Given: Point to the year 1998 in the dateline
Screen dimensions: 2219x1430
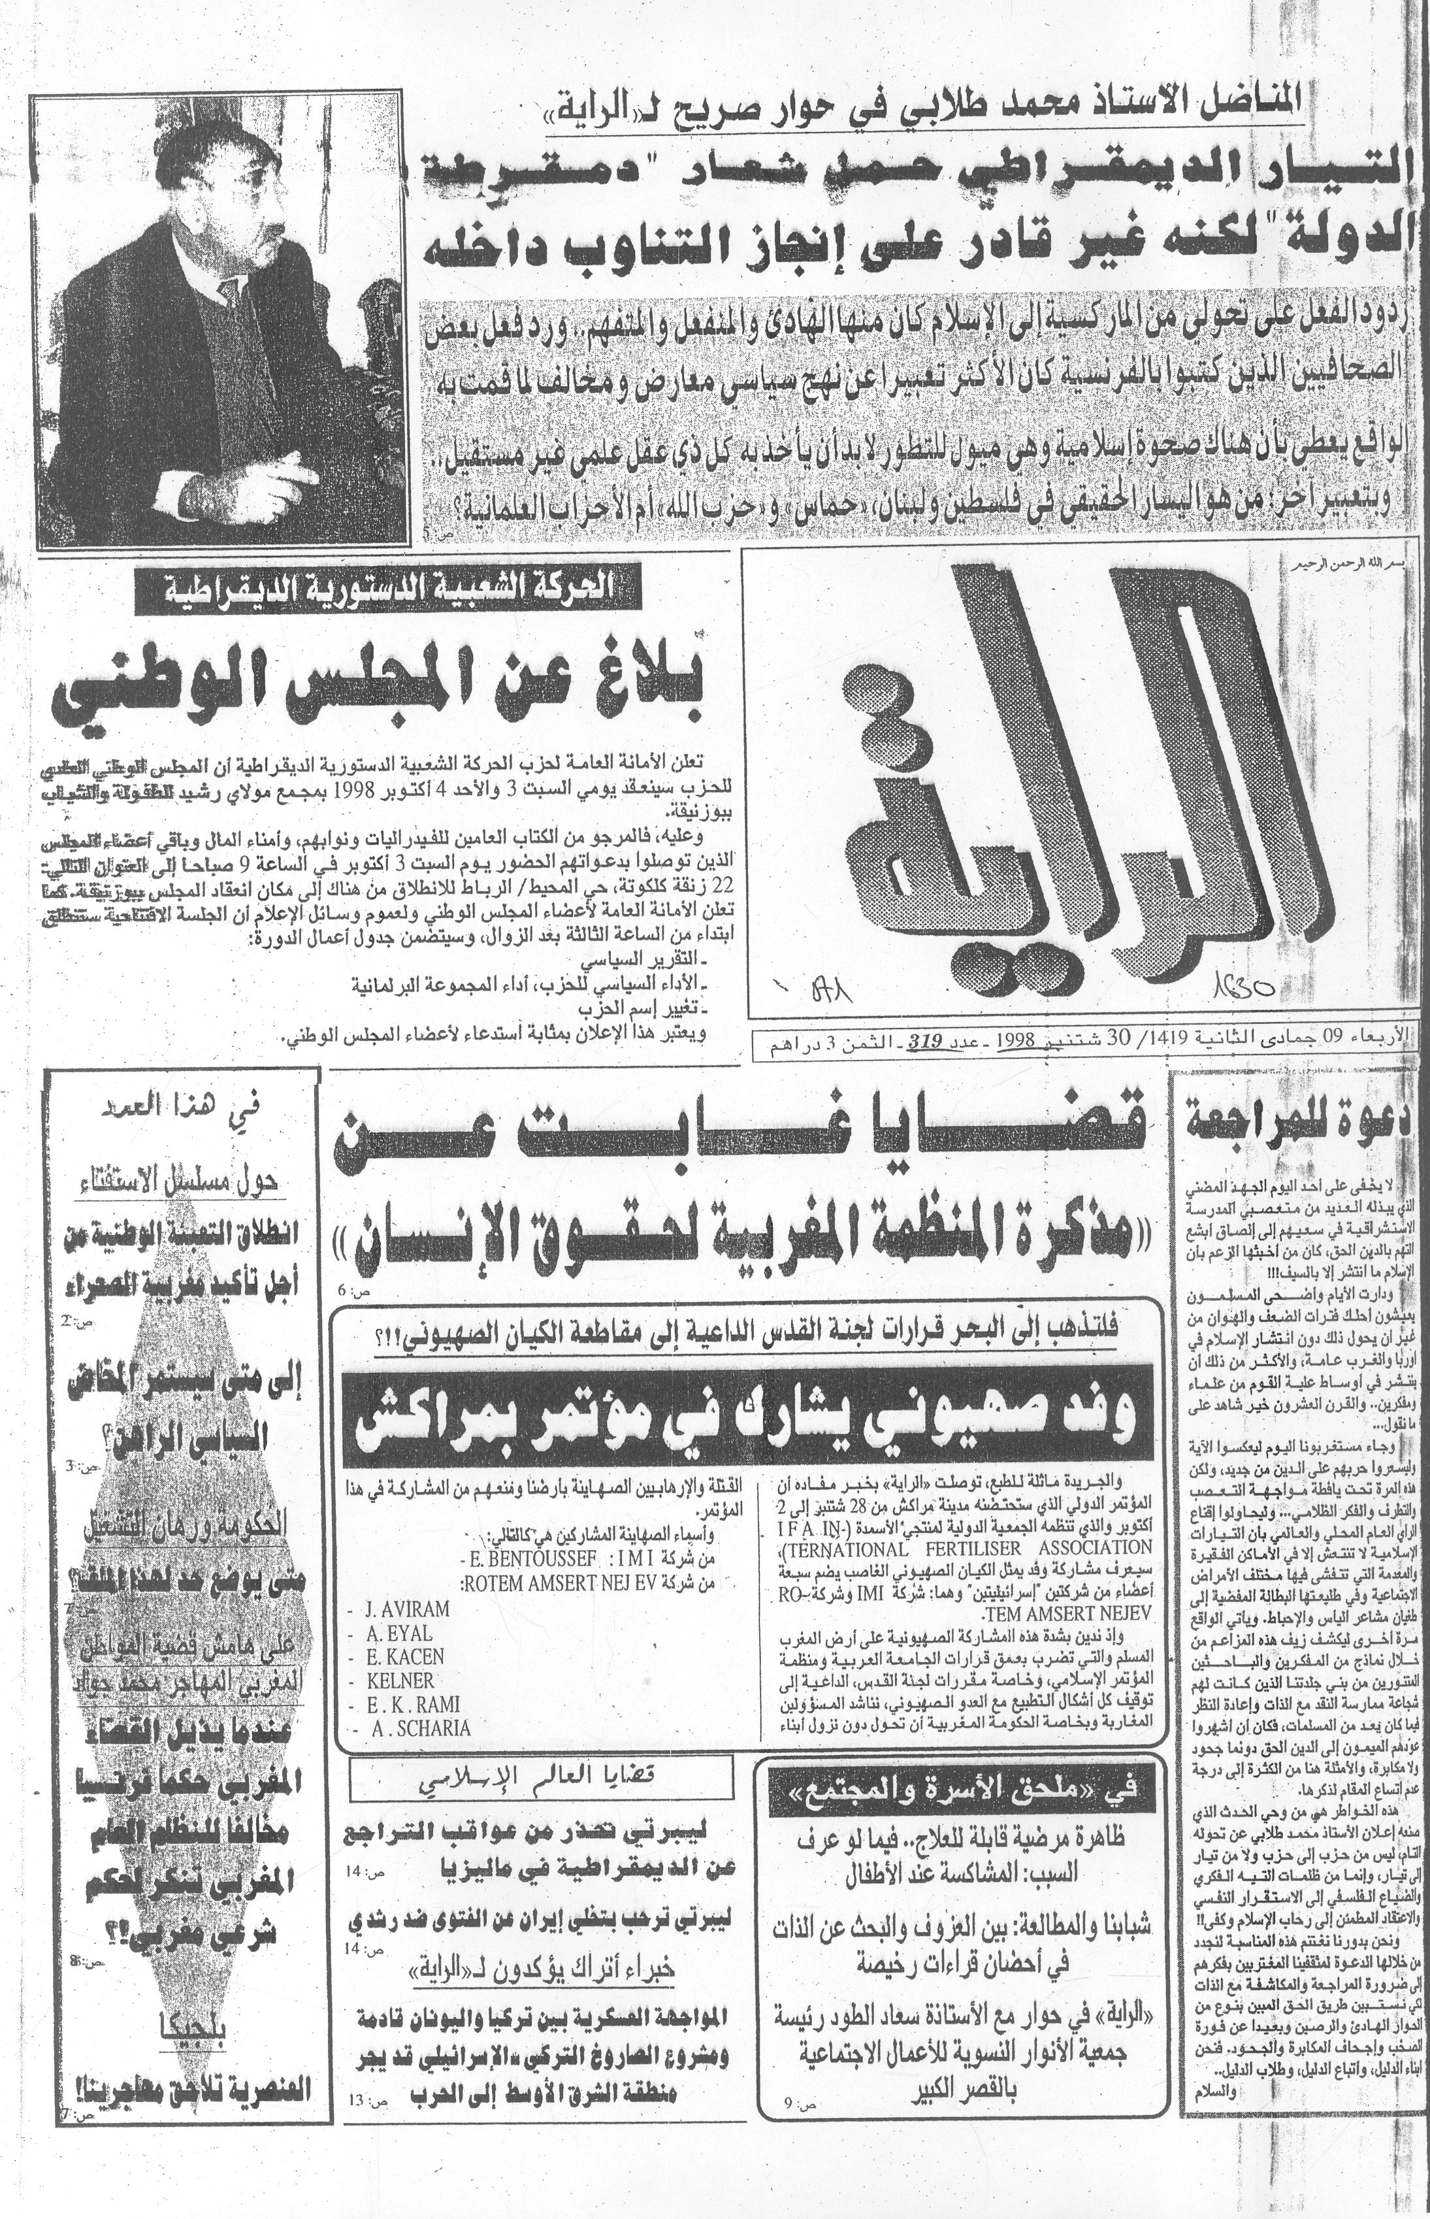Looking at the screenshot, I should pyautogui.click(x=1015, y=1043).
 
